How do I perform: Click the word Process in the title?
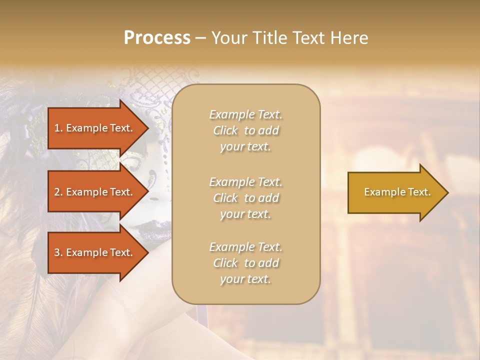coord(157,38)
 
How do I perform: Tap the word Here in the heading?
coord(349,38)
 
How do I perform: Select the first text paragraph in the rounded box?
coord(245,130)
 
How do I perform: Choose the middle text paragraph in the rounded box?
coord(245,198)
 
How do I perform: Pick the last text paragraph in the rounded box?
coord(245,263)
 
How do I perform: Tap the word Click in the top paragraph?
coord(225,130)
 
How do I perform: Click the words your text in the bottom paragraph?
coord(245,279)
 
